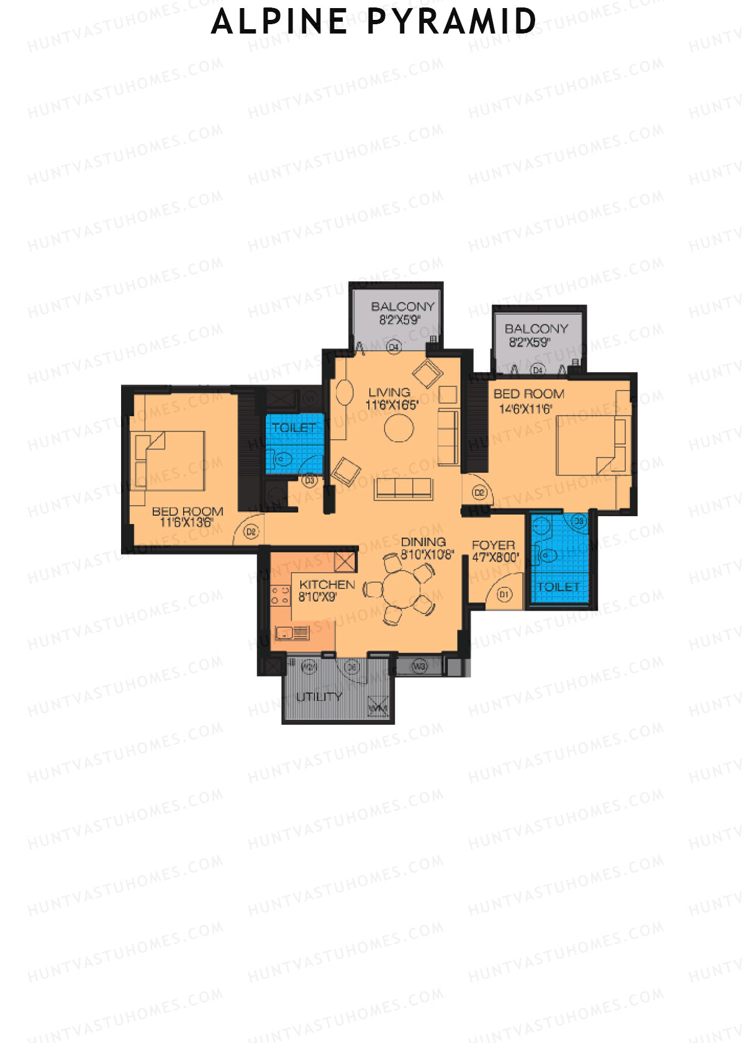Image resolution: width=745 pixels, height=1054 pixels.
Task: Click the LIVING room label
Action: [x=389, y=393]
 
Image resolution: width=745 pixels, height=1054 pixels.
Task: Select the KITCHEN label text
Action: [x=327, y=585]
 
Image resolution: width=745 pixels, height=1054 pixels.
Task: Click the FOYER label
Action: [x=494, y=545]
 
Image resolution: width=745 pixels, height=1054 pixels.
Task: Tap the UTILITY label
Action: [x=319, y=697]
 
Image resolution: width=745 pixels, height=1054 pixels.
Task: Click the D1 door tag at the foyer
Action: [x=504, y=594]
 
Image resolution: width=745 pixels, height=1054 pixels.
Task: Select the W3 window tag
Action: [x=420, y=666]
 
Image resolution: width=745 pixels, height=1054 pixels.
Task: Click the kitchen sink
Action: [x=292, y=634]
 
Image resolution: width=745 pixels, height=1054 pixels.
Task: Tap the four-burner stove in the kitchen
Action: [x=280, y=595]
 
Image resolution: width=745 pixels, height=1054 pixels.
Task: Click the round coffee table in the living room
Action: [x=399, y=428]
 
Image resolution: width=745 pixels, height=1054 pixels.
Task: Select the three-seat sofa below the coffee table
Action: [x=404, y=489]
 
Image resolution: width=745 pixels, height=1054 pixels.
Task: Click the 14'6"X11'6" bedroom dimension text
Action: [x=525, y=409]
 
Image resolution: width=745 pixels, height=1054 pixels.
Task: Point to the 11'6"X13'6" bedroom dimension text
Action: [x=186, y=522]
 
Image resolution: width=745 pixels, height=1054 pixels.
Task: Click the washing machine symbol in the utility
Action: [x=377, y=707]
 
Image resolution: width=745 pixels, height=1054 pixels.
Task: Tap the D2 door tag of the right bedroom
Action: [x=479, y=493]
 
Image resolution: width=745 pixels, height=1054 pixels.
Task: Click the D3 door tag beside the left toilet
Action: [x=309, y=480]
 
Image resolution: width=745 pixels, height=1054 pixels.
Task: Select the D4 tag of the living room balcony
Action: [x=394, y=347]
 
